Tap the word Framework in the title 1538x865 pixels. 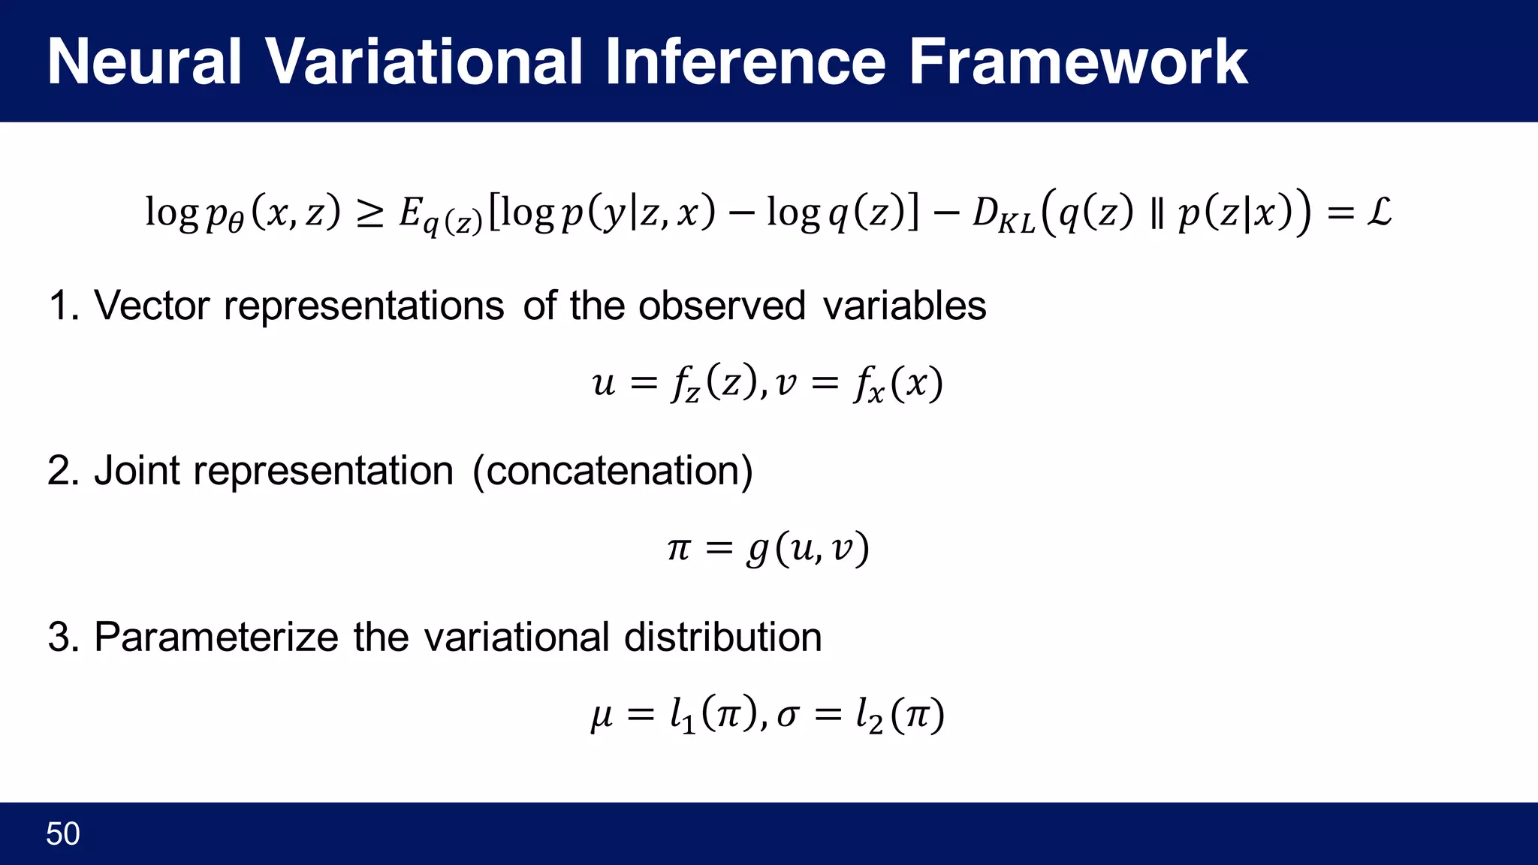tap(1078, 62)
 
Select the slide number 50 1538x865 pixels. tap(63, 834)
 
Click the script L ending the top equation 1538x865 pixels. tap(1379, 212)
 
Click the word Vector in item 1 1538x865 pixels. tap(152, 306)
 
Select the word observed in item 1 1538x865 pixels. tap(722, 306)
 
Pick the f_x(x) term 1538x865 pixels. tap(897, 384)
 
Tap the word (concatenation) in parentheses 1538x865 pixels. tap(612, 472)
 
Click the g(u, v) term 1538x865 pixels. tap(807, 550)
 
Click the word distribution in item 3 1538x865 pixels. tap(722, 637)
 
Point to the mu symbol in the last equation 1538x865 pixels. tap(602, 716)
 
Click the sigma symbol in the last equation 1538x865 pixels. tap(787, 716)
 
